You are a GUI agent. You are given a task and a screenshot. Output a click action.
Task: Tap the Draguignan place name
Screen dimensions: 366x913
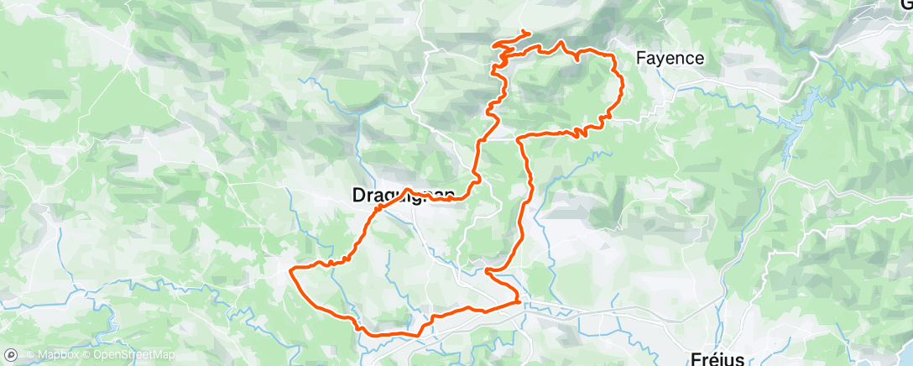[402, 196]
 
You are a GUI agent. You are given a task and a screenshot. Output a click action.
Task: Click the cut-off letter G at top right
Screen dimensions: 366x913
[906, 4]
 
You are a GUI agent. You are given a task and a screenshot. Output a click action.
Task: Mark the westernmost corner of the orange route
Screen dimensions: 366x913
[290, 270]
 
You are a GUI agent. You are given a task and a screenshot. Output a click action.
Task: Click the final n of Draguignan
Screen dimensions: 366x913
[450, 196]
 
